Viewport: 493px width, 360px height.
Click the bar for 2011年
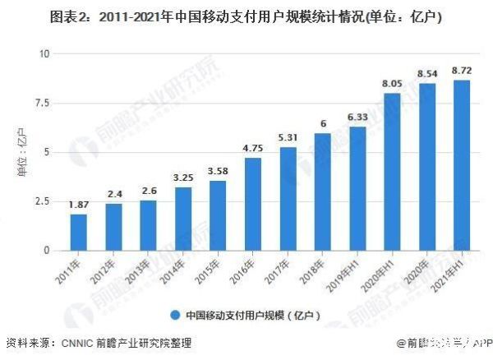[78, 232]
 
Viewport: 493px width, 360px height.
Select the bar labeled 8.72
[463, 164]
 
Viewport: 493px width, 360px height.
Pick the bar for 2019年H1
[357, 188]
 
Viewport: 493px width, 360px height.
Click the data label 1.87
[78, 205]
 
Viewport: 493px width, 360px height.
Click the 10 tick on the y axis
[44, 53]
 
